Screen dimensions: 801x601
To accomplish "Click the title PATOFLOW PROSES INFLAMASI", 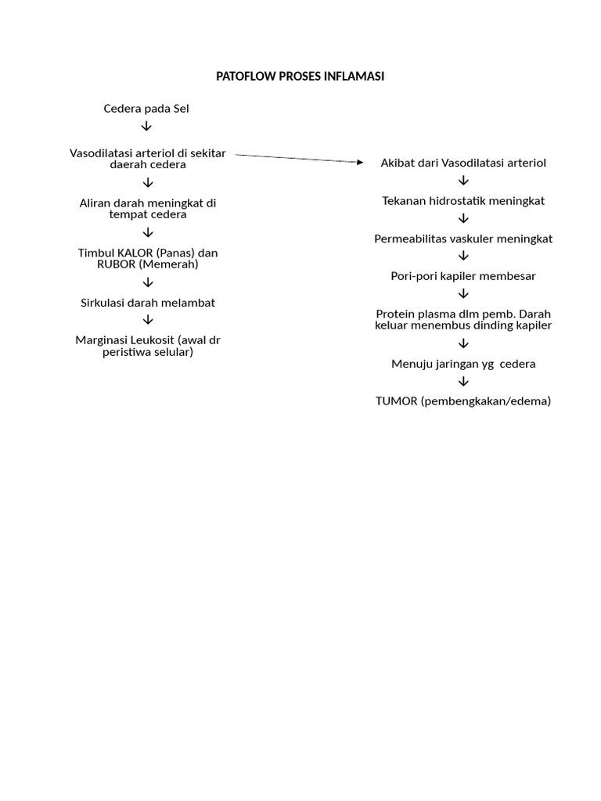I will click(x=300, y=77).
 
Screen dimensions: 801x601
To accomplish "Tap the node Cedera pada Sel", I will click(x=146, y=109).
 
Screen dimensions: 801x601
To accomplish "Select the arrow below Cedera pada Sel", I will click(x=147, y=127).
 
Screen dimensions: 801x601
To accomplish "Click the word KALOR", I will click(x=135, y=253).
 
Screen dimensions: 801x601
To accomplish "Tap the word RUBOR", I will click(x=116, y=264).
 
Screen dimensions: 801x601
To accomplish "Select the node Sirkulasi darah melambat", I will click(x=147, y=302).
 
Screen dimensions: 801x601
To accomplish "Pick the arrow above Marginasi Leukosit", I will click(x=147, y=320).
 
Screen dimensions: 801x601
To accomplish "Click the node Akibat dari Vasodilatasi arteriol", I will click(x=463, y=163).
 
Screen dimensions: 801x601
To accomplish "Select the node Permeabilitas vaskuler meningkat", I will click(x=463, y=239).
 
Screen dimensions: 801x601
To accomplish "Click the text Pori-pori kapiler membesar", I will click(x=463, y=276).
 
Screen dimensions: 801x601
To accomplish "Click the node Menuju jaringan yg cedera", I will click(x=463, y=364).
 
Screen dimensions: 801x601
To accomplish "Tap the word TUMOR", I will click(x=396, y=401).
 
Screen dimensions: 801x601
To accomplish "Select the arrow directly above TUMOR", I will click(x=463, y=382).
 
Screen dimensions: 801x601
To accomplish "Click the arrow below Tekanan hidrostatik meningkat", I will click(x=463, y=218).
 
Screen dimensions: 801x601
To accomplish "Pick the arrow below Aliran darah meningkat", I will click(x=147, y=233).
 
